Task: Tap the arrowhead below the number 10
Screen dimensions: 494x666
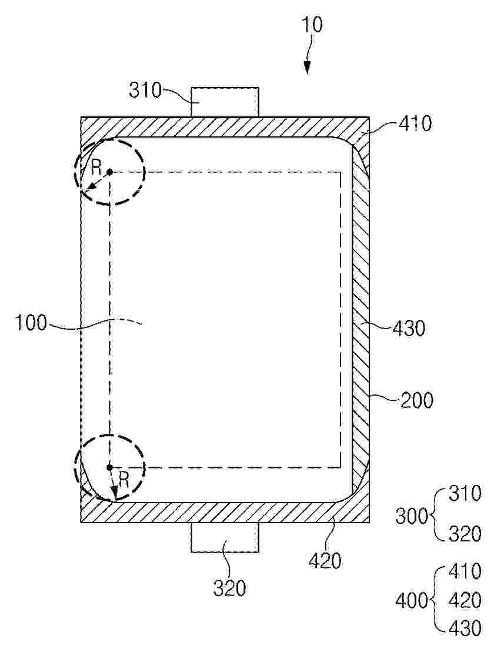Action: pyautogui.click(x=306, y=68)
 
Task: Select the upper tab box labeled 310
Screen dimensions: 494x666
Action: pyautogui.click(x=225, y=102)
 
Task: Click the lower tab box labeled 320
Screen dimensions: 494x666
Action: pyautogui.click(x=225, y=537)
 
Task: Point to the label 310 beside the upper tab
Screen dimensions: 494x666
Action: pyautogui.click(x=145, y=91)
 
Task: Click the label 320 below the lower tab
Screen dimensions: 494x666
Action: pyautogui.click(x=229, y=588)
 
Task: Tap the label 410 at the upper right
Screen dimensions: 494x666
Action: pyautogui.click(x=415, y=123)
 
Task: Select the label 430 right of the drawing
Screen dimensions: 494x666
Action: pyautogui.click(x=408, y=329)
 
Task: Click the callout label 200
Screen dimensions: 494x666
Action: pyautogui.click(x=416, y=400)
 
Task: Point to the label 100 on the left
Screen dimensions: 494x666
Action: pyautogui.click(x=31, y=323)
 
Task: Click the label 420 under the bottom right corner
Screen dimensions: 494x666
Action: pyautogui.click(x=325, y=561)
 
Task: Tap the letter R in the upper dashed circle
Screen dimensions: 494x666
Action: pyautogui.click(x=96, y=168)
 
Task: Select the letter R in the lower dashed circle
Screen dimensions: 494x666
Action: pyautogui.click(x=123, y=480)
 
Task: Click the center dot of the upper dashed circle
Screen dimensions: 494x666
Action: pyautogui.click(x=109, y=172)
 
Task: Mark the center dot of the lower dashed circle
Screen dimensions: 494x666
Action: pyautogui.click(x=109, y=467)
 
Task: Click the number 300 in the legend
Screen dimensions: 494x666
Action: pyautogui.click(x=412, y=517)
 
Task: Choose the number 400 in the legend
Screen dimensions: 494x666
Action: pyautogui.click(x=412, y=601)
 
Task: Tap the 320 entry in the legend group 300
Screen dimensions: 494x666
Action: pyautogui.click(x=465, y=534)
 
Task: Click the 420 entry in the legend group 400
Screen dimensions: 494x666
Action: pyautogui.click(x=465, y=600)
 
